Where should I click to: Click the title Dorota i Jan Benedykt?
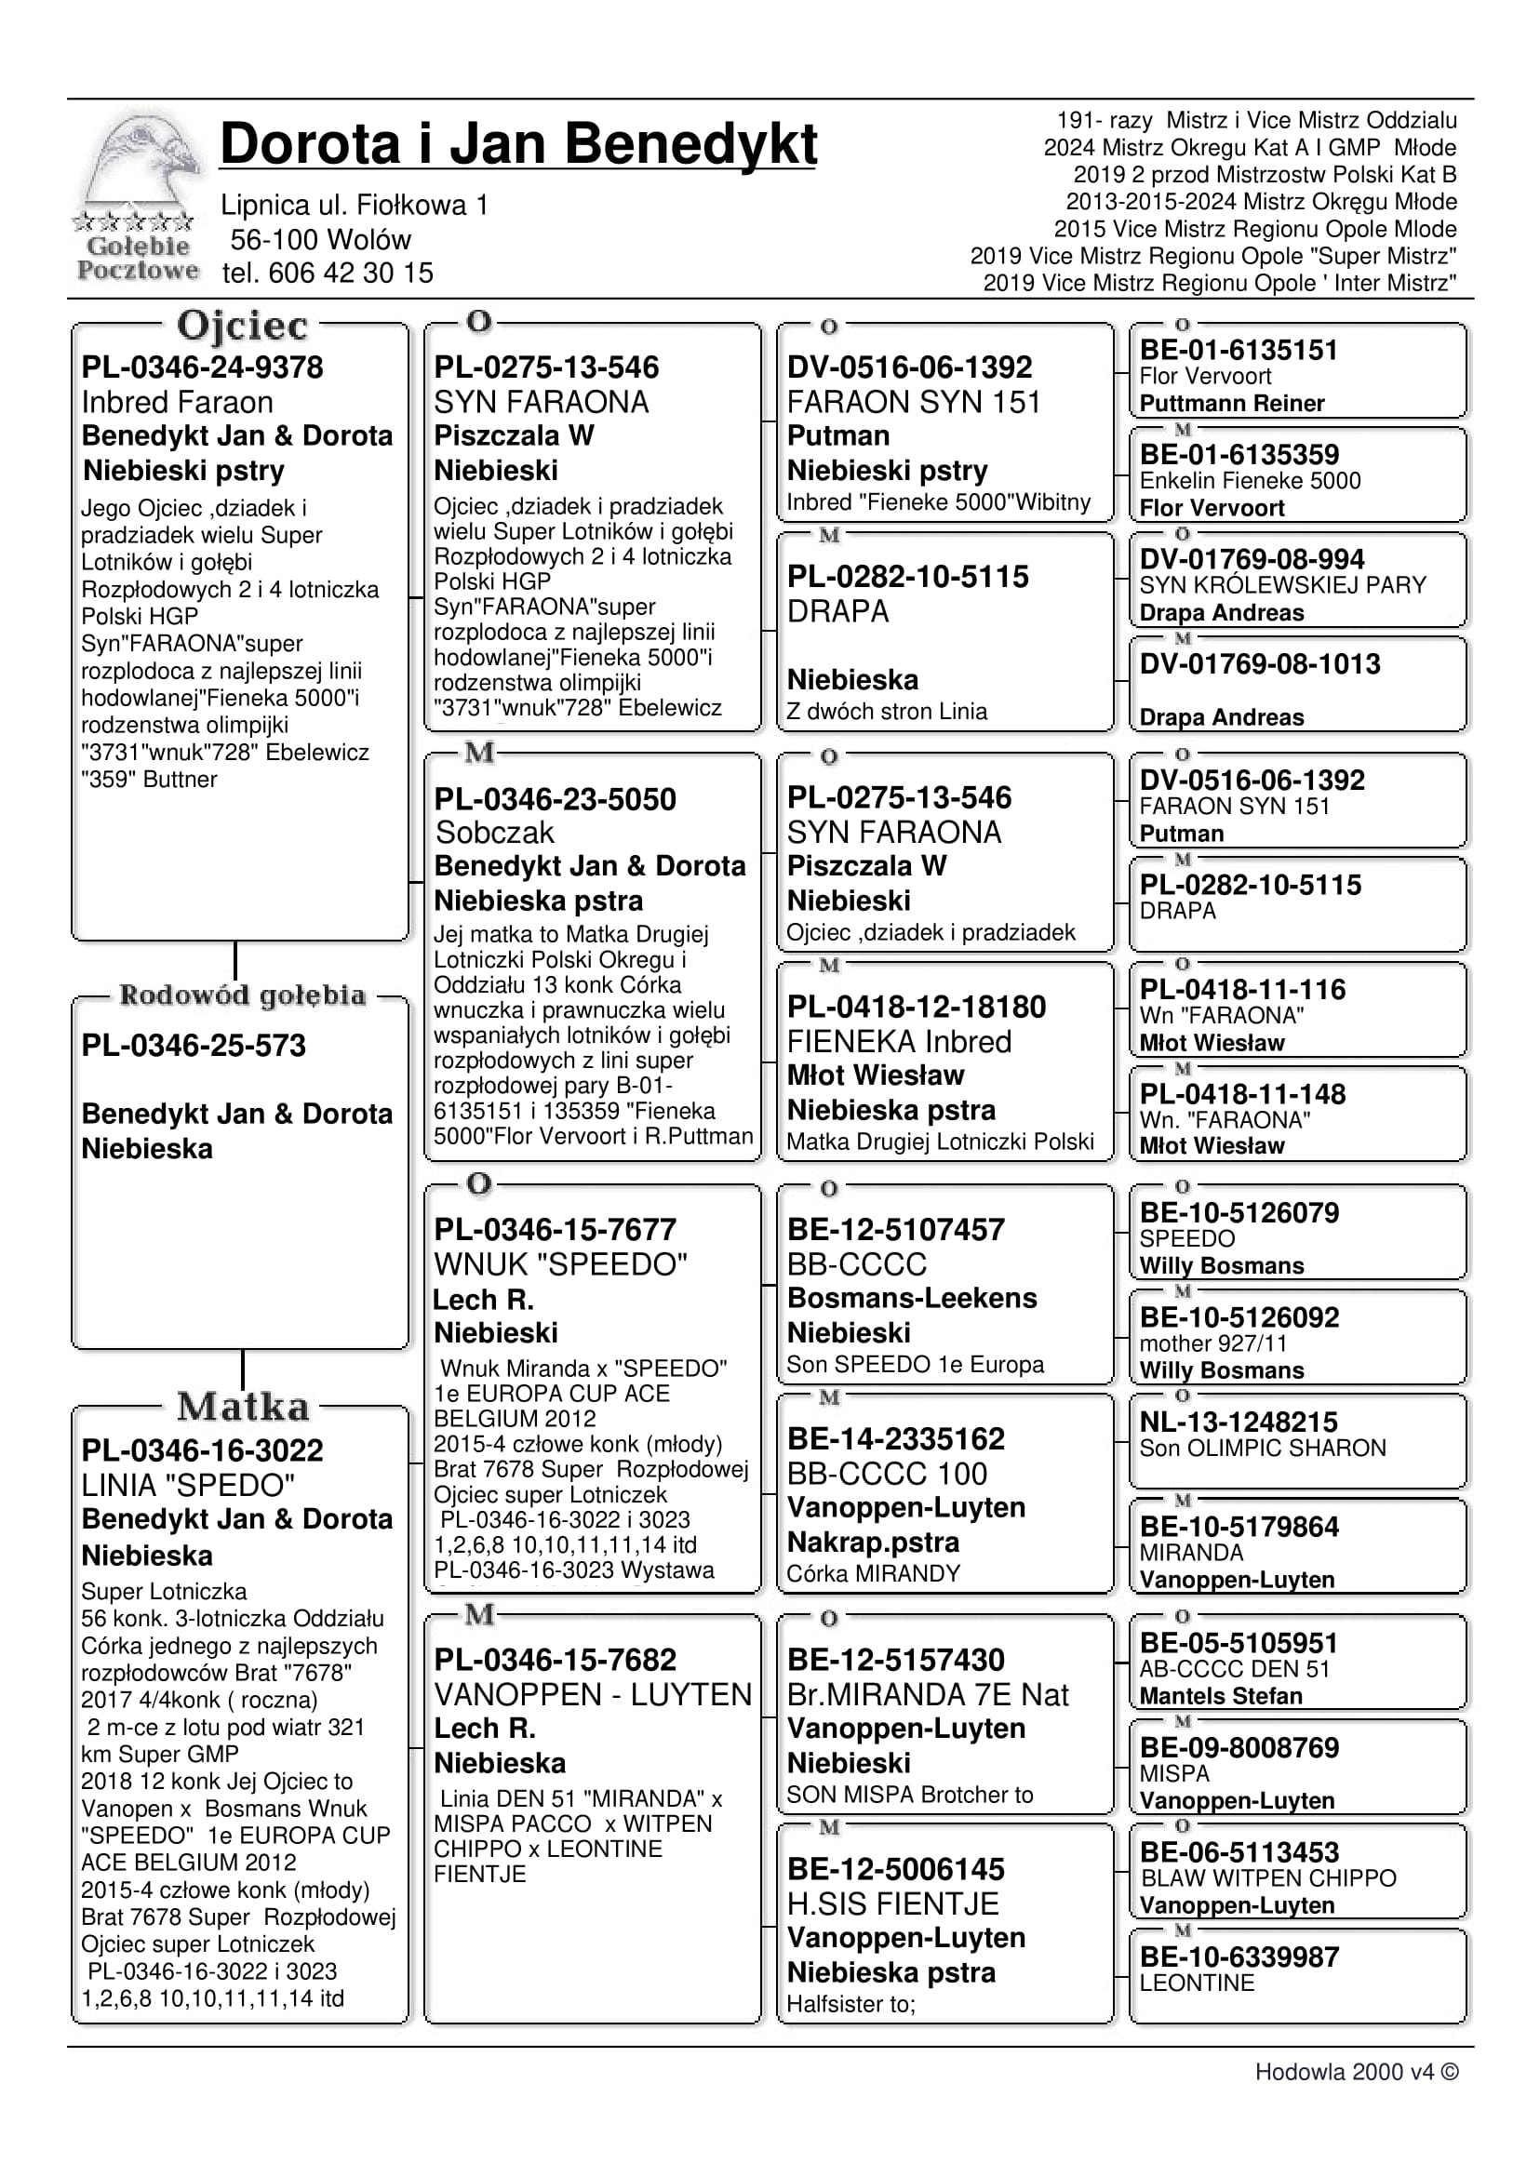coord(517,144)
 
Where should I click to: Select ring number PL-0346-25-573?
coord(194,1045)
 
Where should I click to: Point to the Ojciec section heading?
coord(242,326)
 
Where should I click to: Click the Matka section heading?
coord(243,1407)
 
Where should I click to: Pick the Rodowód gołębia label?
coord(242,995)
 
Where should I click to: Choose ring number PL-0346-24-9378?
coord(202,367)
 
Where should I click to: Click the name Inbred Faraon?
coord(178,402)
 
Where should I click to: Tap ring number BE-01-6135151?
coord(1239,350)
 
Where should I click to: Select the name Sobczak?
coord(495,833)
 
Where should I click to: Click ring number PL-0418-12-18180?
coord(916,1006)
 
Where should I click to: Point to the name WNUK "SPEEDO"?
coord(560,1264)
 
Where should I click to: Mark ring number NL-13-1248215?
coord(1239,1422)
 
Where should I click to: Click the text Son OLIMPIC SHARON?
coord(1262,1448)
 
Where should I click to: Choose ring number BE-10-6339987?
coord(1239,1957)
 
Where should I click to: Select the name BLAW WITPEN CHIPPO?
coord(1268,1878)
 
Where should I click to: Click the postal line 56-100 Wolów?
coord(320,239)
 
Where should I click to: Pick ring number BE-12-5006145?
coord(895,1869)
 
